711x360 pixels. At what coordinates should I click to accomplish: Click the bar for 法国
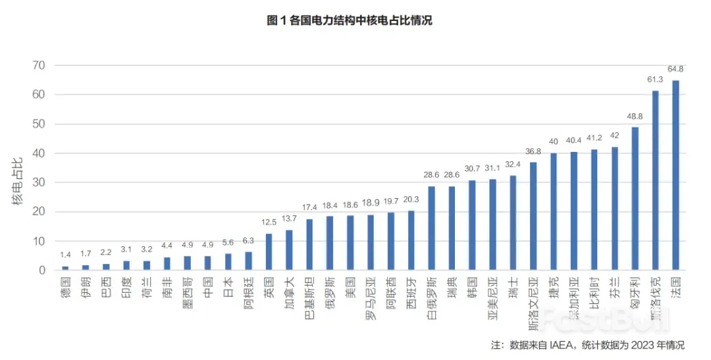675,175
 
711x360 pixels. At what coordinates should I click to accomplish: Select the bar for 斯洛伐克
655,180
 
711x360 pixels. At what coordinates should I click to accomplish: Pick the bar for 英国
269,252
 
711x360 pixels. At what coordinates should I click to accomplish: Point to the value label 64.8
675,68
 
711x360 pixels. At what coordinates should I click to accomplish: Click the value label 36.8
533,151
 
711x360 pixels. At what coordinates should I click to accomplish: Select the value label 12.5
269,222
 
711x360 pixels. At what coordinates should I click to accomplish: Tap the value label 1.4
65,255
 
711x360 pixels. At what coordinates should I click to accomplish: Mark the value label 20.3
411,199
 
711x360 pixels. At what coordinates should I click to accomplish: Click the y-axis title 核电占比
18,180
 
